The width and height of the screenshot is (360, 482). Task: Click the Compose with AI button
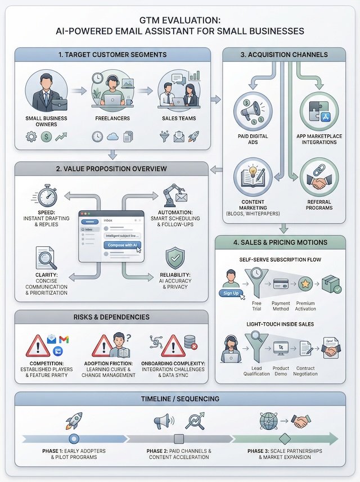coord(122,245)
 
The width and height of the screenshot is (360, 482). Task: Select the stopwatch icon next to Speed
coord(47,195)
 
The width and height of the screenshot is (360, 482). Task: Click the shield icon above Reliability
coord(175,258)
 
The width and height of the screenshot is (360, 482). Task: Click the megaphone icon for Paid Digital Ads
coord(253,111)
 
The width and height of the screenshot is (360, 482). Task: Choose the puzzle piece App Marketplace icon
coord(318,111)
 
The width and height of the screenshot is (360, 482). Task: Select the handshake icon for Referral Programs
coord(318,177)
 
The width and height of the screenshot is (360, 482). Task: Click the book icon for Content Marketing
coord(253,177)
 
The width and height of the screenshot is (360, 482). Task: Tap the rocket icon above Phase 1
coord(74,421)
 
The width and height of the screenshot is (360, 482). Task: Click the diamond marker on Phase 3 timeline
coord(284,439)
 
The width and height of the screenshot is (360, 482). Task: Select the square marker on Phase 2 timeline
coord(179,439)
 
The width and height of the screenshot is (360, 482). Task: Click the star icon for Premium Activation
coord(305,284)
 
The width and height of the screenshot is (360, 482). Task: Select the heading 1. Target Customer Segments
coord(112,55)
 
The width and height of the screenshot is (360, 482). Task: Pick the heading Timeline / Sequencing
coord(180,399)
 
